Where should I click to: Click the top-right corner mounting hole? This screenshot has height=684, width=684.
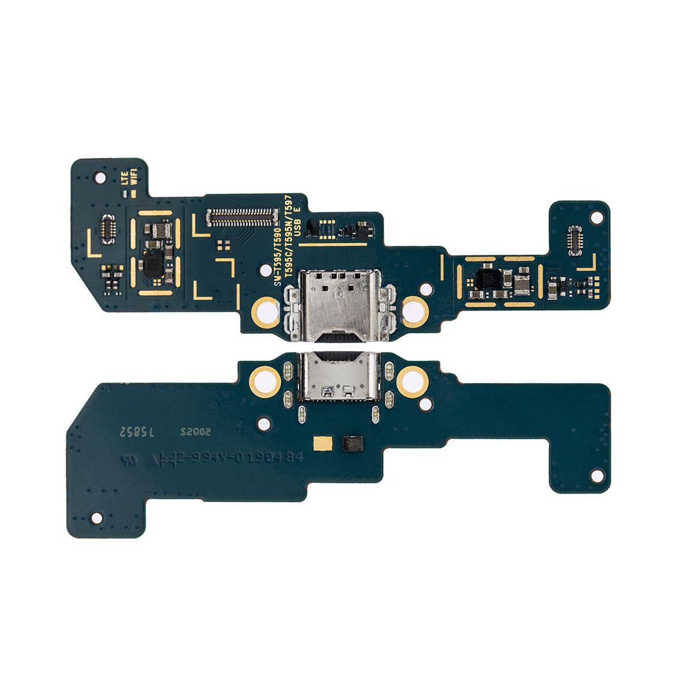pos(596,218)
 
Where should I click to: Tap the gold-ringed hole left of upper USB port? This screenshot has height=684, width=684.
pos(265,311)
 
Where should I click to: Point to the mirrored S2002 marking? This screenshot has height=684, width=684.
pos(196,432)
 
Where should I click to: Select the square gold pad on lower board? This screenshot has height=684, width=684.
pos(321,443)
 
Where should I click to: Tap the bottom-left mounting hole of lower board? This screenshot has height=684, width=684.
pos(97,518)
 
